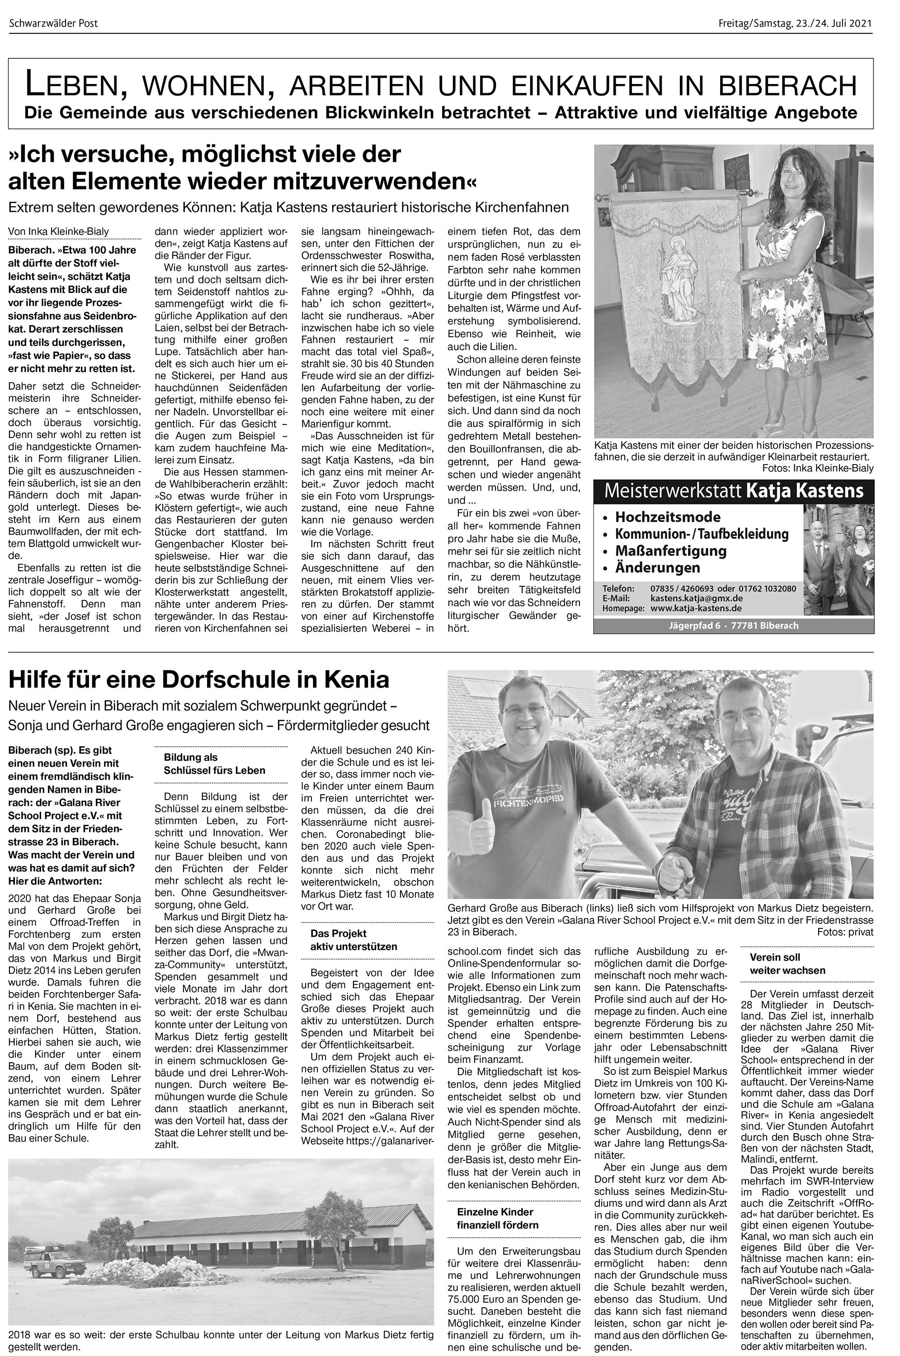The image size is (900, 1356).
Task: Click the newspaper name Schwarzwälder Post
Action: tap(53, 24)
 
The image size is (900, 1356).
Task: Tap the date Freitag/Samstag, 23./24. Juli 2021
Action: tap(795, 24)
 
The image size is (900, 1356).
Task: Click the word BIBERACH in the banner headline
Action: tap(796, 86)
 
